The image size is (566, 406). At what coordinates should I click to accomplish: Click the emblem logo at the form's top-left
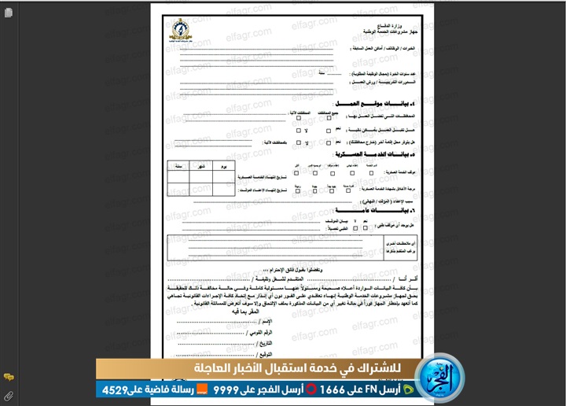point(181,30)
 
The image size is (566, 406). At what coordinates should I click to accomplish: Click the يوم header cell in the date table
point(224,168)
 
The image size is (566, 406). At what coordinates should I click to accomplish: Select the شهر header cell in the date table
point(201,168)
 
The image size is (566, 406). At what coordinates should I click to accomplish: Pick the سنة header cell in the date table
point(178,168)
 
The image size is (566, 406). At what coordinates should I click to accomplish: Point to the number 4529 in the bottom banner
point(113,389)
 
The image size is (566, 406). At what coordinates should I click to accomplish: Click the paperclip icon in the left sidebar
point(7,395)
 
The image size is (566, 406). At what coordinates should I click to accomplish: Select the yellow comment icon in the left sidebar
point(7,378)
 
